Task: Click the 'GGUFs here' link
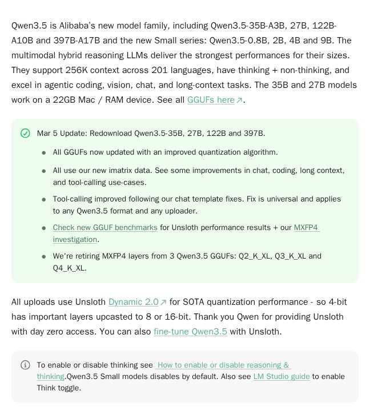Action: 211,100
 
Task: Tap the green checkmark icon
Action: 25,133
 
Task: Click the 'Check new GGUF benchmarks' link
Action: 105,227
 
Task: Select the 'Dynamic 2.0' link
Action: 133,302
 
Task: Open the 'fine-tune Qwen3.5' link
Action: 190,332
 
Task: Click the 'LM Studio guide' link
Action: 281,376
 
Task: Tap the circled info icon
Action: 25,365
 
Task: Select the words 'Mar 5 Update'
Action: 61,134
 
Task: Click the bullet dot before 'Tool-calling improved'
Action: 44,200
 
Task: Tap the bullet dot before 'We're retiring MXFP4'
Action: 44,257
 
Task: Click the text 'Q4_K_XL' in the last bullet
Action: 69,268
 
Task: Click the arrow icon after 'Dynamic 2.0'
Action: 164,303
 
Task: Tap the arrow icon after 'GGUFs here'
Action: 240,100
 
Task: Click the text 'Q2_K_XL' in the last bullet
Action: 239,256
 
